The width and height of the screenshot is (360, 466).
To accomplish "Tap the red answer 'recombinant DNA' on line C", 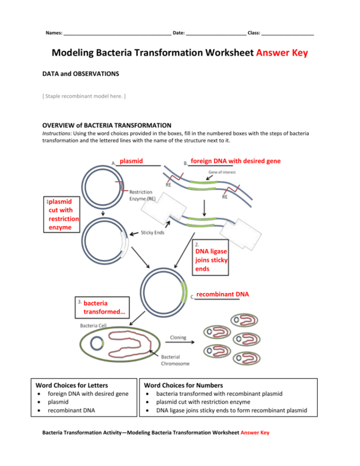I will point(222,294).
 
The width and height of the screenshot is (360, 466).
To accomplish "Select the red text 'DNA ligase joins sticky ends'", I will point(211,260).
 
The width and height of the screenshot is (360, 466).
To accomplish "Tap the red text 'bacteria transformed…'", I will point(100,308).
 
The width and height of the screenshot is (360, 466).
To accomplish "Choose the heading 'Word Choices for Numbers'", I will point(183,385).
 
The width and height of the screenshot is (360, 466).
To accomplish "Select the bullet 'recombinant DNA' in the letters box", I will point(71,410).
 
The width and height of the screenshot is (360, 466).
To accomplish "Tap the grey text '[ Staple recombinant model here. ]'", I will point(84,97).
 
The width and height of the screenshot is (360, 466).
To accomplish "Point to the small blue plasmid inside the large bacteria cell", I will point(97,343).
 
